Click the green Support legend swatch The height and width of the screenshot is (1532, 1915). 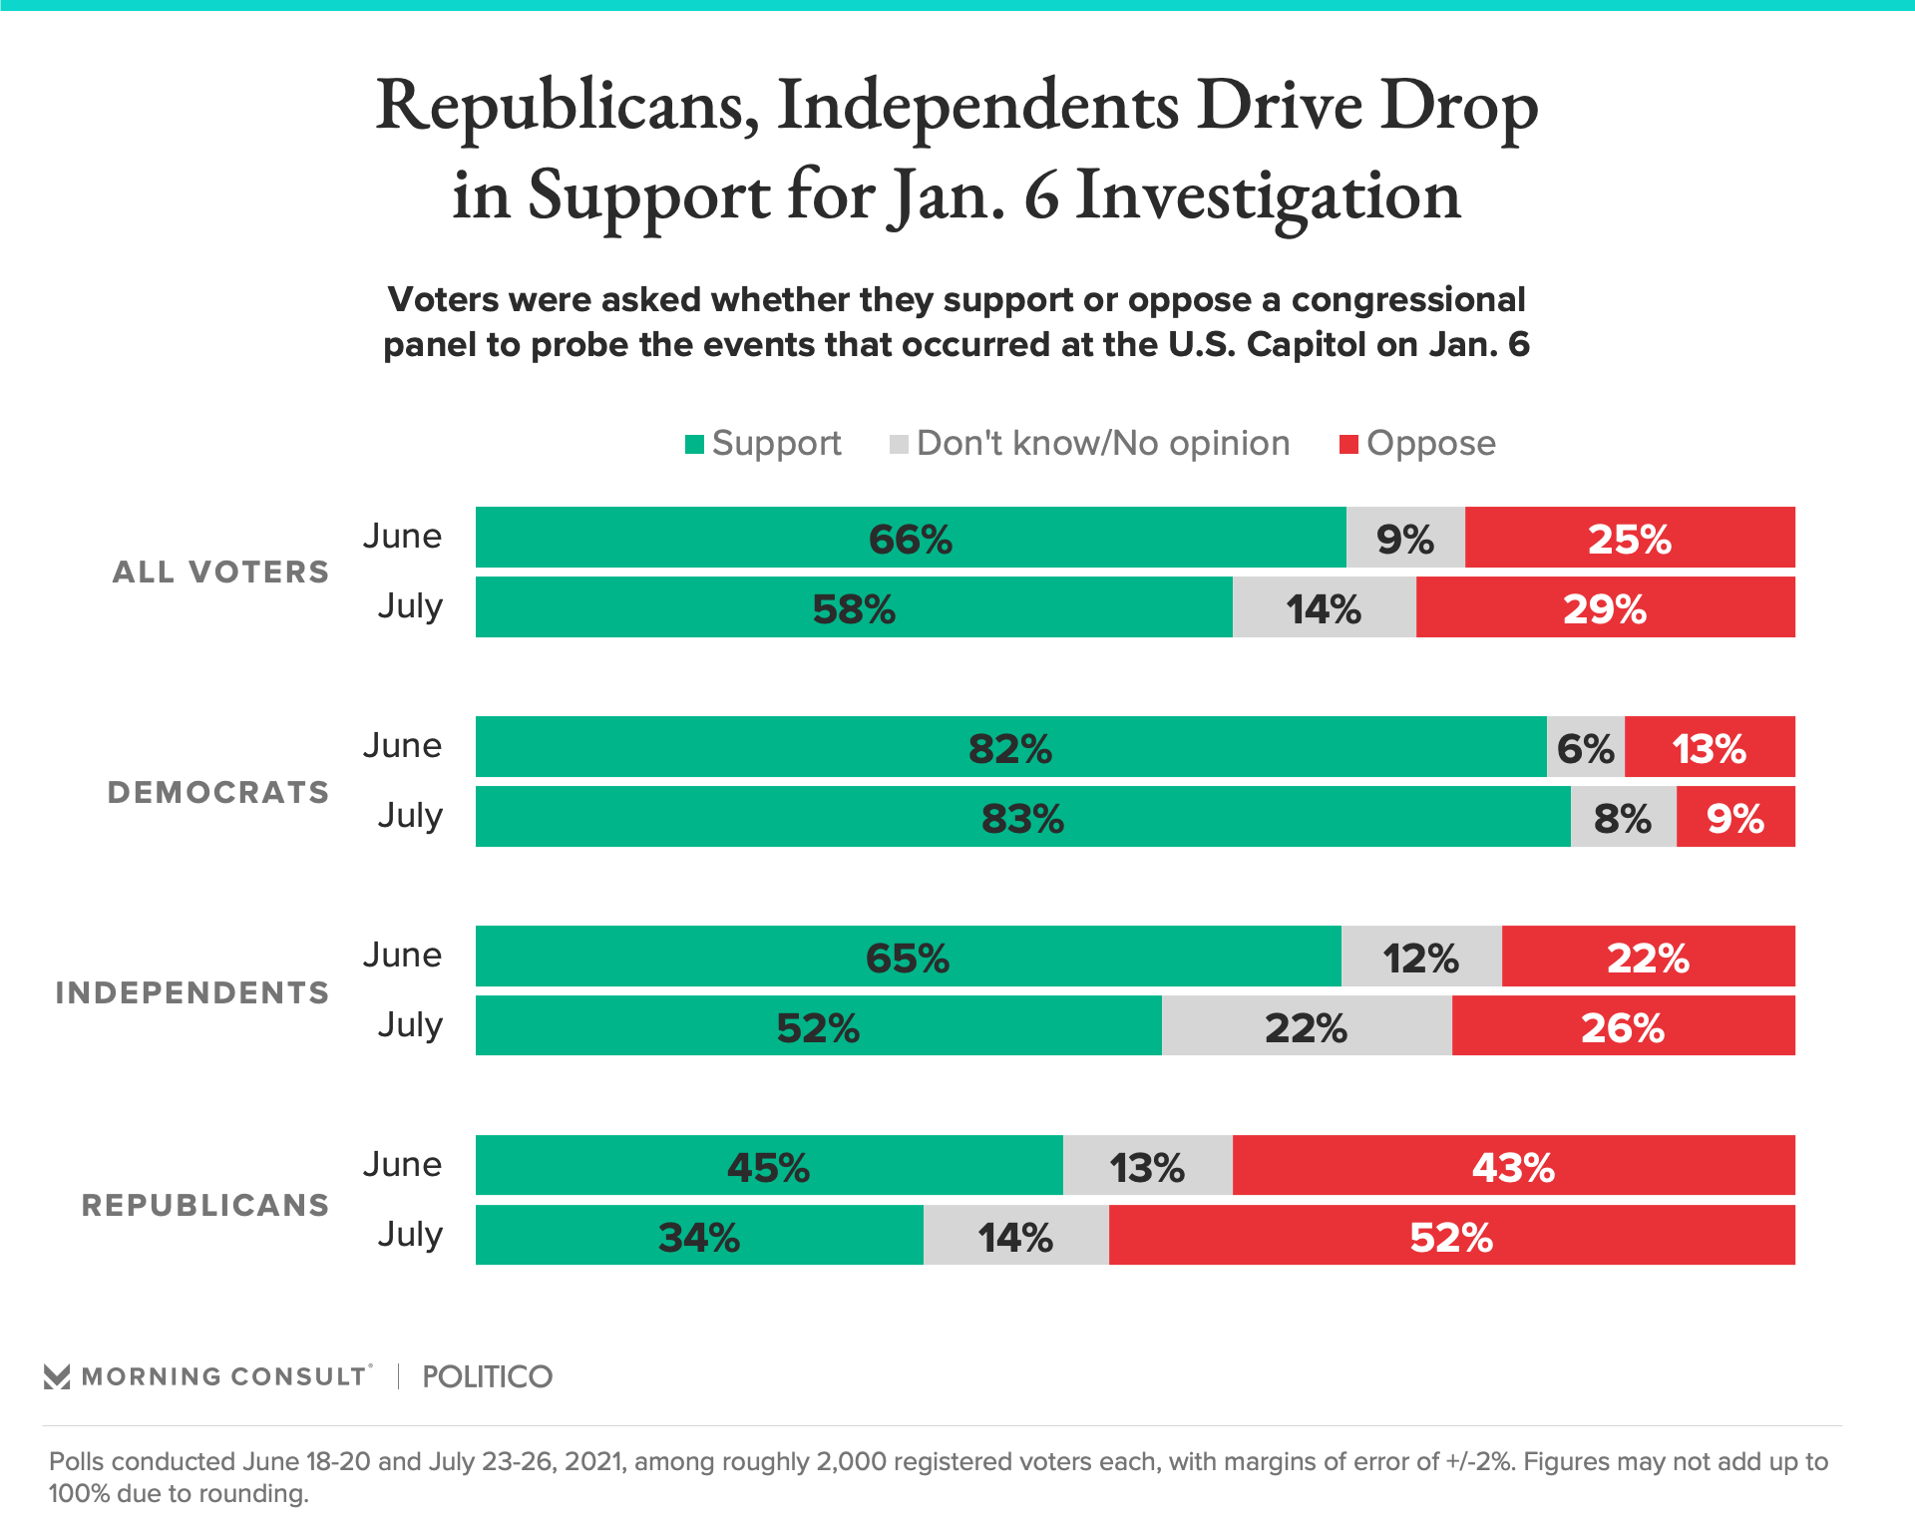695,444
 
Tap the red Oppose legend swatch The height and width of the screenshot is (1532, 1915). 1348,444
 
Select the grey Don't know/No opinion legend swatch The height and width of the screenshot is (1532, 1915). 900,444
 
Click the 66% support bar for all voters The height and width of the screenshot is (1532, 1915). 910,538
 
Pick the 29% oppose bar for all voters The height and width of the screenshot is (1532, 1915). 1605,607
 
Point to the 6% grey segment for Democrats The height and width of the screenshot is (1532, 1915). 1585,747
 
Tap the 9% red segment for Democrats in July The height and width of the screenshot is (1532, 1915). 1735,817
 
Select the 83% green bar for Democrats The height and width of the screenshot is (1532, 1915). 1022,817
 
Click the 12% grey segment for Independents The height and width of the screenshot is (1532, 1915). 1420,957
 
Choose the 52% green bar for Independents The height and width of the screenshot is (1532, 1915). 818,1026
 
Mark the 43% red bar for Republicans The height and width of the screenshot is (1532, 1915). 1513,1166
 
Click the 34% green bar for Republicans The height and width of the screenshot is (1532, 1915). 699,1236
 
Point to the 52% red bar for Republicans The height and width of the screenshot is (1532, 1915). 1451,1236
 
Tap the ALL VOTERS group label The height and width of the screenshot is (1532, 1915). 220,572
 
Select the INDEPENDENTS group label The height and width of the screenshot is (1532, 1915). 192,992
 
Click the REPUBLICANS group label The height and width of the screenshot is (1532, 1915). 205,1205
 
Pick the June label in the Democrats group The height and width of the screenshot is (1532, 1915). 402,746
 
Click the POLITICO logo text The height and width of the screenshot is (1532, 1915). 487,1377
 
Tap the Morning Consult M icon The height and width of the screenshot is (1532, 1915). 57,1377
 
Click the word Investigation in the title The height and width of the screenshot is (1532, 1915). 1268,196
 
